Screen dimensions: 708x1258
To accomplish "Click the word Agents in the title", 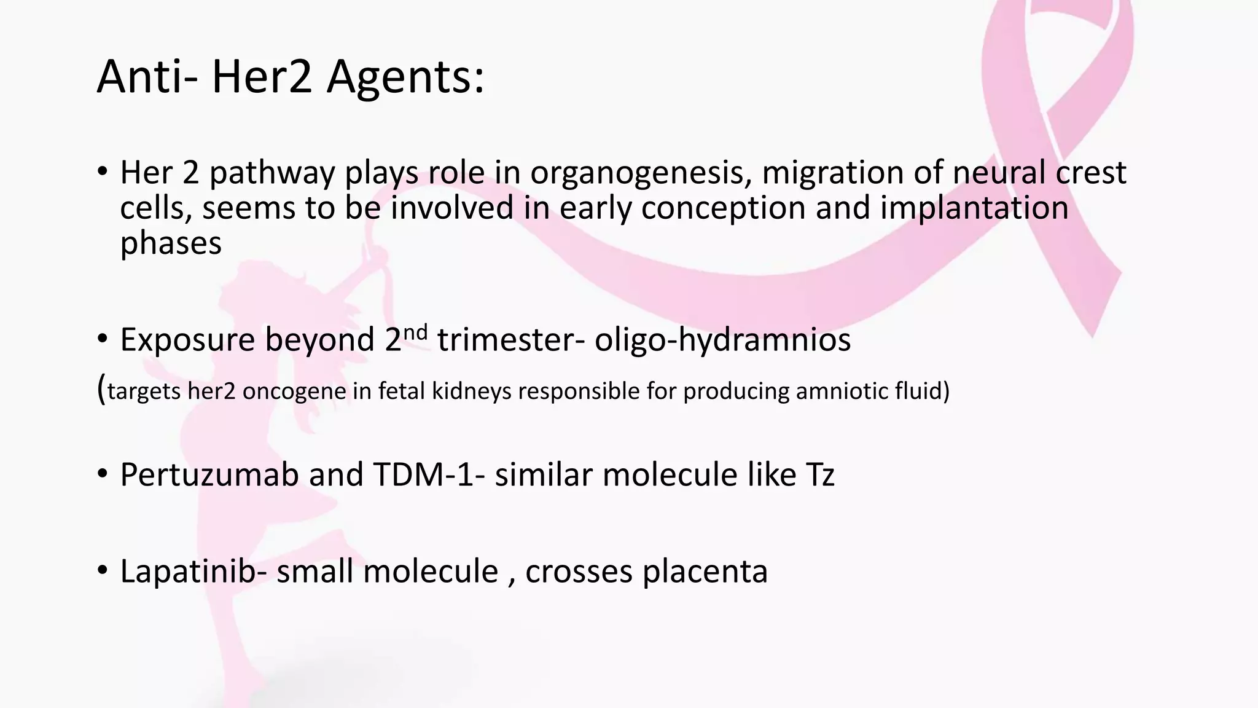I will tap(405, 77).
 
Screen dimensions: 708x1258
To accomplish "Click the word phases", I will tap(171, 243).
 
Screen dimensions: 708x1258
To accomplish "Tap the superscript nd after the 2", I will tap(416, 332).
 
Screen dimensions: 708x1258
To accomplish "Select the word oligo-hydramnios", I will tap(722, 339).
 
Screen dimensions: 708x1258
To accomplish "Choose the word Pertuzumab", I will tap(209, 474).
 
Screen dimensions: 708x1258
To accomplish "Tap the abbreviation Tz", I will tap(819, 474).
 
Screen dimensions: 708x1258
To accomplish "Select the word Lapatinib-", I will tap(193, 572).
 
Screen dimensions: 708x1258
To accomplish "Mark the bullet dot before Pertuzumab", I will tap(103, 474).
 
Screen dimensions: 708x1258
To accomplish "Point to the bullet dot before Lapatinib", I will tap(103, 571).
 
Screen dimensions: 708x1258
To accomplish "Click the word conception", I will tap(723, 208).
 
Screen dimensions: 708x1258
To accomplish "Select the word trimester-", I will tap(510, 339).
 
